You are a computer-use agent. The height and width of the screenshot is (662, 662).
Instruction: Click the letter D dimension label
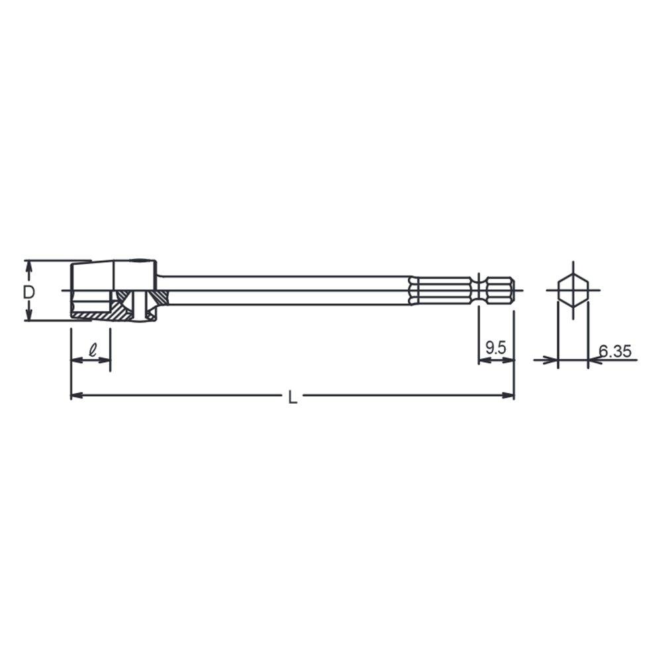28,292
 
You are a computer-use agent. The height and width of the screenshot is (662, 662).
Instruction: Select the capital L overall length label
293,397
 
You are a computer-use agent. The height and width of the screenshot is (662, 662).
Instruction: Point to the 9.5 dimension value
495,348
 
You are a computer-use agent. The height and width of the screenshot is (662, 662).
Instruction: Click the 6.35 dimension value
615,351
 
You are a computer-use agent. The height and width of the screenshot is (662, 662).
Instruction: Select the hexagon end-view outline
573,291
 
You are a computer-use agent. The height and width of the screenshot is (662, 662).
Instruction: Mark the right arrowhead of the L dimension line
508,395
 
